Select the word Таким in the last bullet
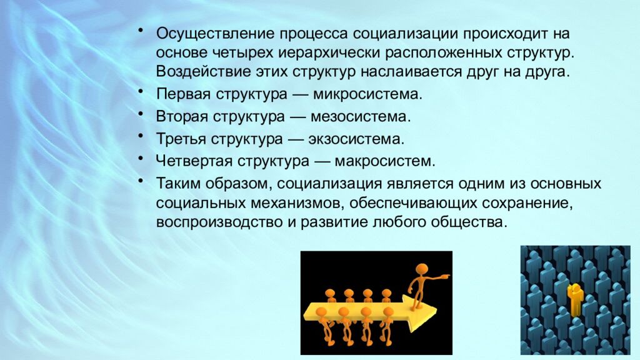(175, 184)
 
